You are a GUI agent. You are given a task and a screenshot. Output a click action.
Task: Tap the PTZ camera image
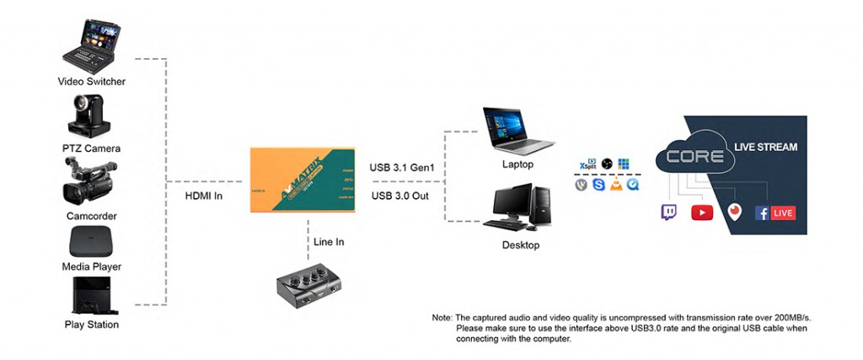point(91,116)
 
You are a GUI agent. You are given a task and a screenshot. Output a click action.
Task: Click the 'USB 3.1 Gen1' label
point(402,168)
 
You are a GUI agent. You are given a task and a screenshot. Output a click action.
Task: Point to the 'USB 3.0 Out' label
point(401,196)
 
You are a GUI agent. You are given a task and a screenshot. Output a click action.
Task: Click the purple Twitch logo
point(669,212)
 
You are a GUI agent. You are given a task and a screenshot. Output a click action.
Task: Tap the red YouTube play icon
point(702,212)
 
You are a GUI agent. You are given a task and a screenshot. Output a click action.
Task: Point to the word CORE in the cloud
point(694,156)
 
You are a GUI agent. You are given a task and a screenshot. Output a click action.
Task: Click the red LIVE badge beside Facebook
point(783,212)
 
